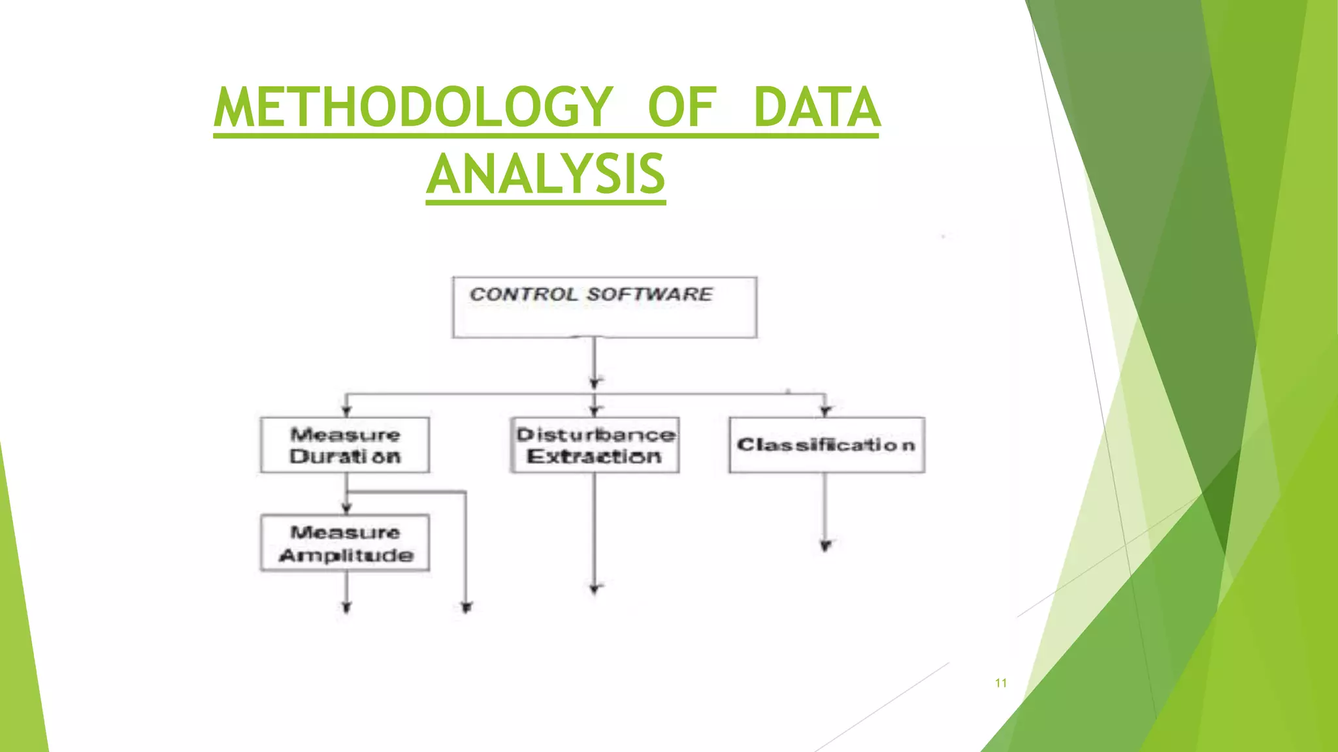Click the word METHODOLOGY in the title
[413, 108]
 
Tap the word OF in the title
[682, 108]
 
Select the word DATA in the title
[817, 108]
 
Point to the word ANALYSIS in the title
[546, 175]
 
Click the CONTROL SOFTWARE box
[604, 307]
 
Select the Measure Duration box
[345, 445]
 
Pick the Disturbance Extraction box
[595, 445]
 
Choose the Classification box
[826, 445]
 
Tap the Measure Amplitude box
[345, 543]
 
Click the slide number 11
[1000, 683]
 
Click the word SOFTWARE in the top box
[649, 294]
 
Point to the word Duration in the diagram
[345, 456]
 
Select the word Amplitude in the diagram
[346, 555]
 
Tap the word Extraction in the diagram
[595, 456]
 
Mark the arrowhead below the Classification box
[826, 546]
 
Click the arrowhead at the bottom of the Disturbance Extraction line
[595, 589]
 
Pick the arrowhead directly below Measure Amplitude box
[346, 608]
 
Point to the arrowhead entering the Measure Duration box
[346, 411]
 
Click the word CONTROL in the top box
[524, 294]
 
